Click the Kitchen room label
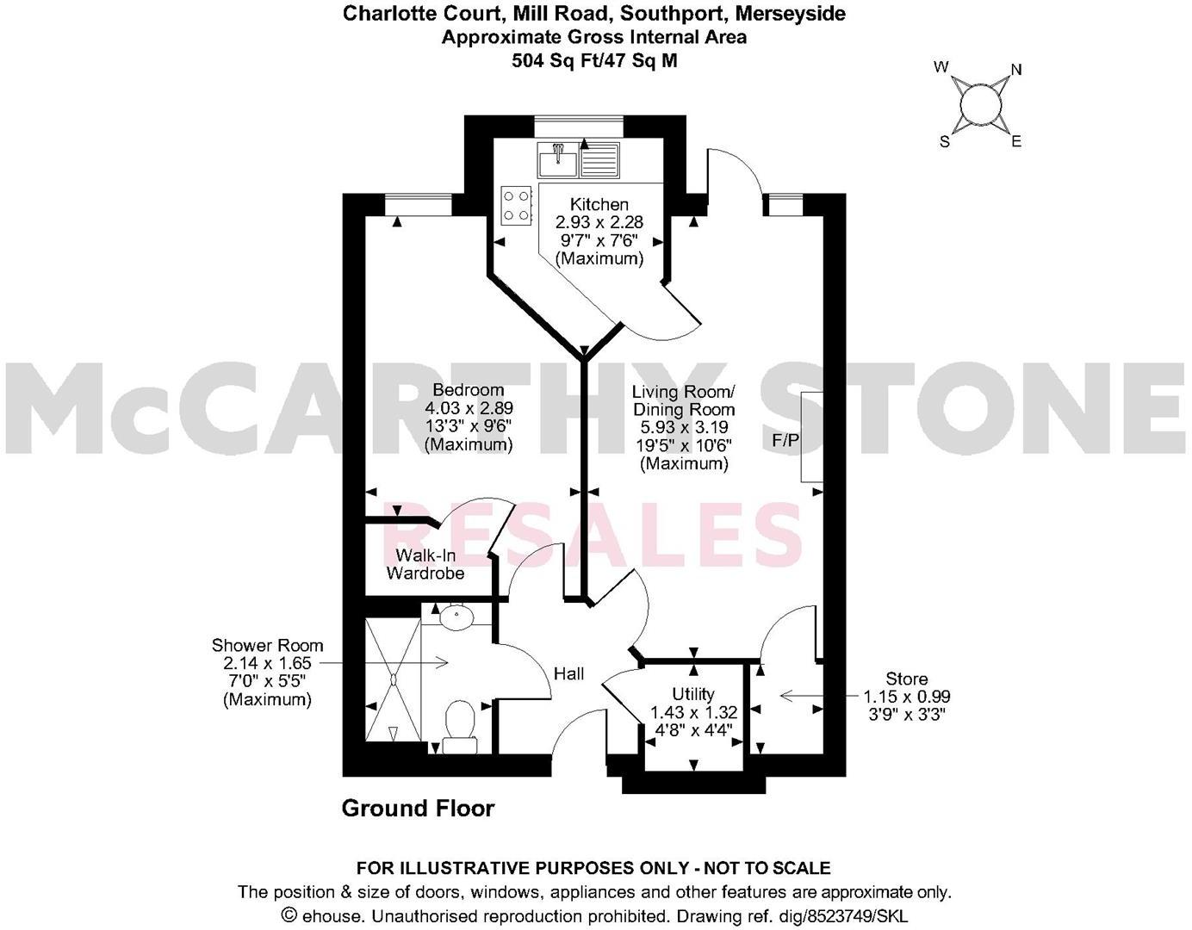pyautogui.click(x=599, y=205)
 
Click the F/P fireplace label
pyautogui.click(x=785, y=441)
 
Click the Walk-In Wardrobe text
pyautogui.click(x=425, y=564)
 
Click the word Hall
pyautogui.click(x=568, y=673)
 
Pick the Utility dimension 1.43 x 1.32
pyautogui.click(x=693, y=712)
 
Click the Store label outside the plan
pyautogui.click(x=906, y=679)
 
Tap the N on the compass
pyautogui.click(x=1016, y=71)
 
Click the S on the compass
pyautogui.click(x=945, y=142)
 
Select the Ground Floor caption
pyautogui.click(x=418, y=809)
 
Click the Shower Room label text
pyautogui.click(x=267, y=646)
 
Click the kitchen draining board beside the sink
pyautogui.click(x=600, y=159)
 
